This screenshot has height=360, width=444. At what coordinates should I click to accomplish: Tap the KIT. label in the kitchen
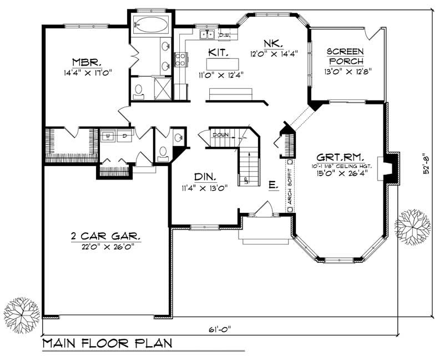pos(217,52)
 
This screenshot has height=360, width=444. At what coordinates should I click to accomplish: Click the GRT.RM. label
pos(341,157)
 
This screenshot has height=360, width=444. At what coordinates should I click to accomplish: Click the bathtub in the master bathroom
pos(152,25)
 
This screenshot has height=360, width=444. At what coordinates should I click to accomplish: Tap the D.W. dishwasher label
pos(224,35)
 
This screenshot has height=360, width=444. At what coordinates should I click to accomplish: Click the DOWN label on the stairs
pos(220,135)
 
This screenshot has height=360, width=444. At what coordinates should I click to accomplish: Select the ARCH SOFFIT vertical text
pos(289,186)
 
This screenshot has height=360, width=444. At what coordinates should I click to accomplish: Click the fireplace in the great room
pos(390,168)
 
